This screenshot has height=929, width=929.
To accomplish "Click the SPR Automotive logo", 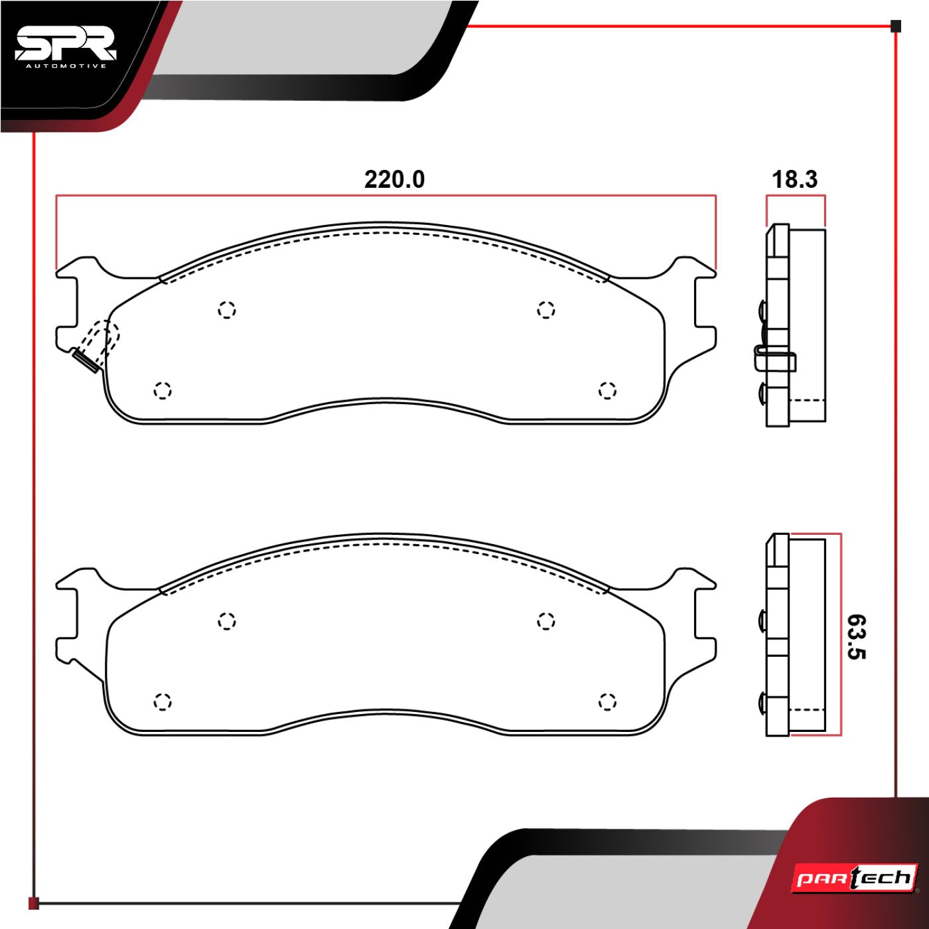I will click(65, 46).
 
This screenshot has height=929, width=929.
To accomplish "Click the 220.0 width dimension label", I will click(394, 179).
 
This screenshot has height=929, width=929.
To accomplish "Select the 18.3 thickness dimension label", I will click(794, 179).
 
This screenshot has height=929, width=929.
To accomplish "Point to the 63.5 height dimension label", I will click(856, 636).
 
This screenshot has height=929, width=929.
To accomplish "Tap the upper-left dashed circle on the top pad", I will click(227, 309).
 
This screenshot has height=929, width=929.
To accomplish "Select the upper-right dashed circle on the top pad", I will click(545, 309).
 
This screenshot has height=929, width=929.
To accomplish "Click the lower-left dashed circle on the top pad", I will click(163, 390).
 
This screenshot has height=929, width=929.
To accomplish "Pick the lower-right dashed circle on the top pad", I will click(607, 390).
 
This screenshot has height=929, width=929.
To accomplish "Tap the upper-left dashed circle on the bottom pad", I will click(227, 621).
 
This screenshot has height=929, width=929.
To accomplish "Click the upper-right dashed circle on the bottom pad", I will click(545, 621).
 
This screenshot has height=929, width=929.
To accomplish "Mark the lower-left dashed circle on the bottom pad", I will click(163, 701).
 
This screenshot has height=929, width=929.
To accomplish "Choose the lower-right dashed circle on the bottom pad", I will click(607, 701).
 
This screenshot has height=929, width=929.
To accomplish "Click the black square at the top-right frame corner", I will click(896, 27).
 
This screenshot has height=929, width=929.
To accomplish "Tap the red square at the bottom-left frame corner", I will click(34, 903).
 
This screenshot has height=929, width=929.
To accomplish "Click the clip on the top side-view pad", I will click(774, 360).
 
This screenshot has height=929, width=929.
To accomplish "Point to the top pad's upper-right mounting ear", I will click(693, 269).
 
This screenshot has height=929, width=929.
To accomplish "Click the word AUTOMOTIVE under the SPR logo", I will click(66, 66).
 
